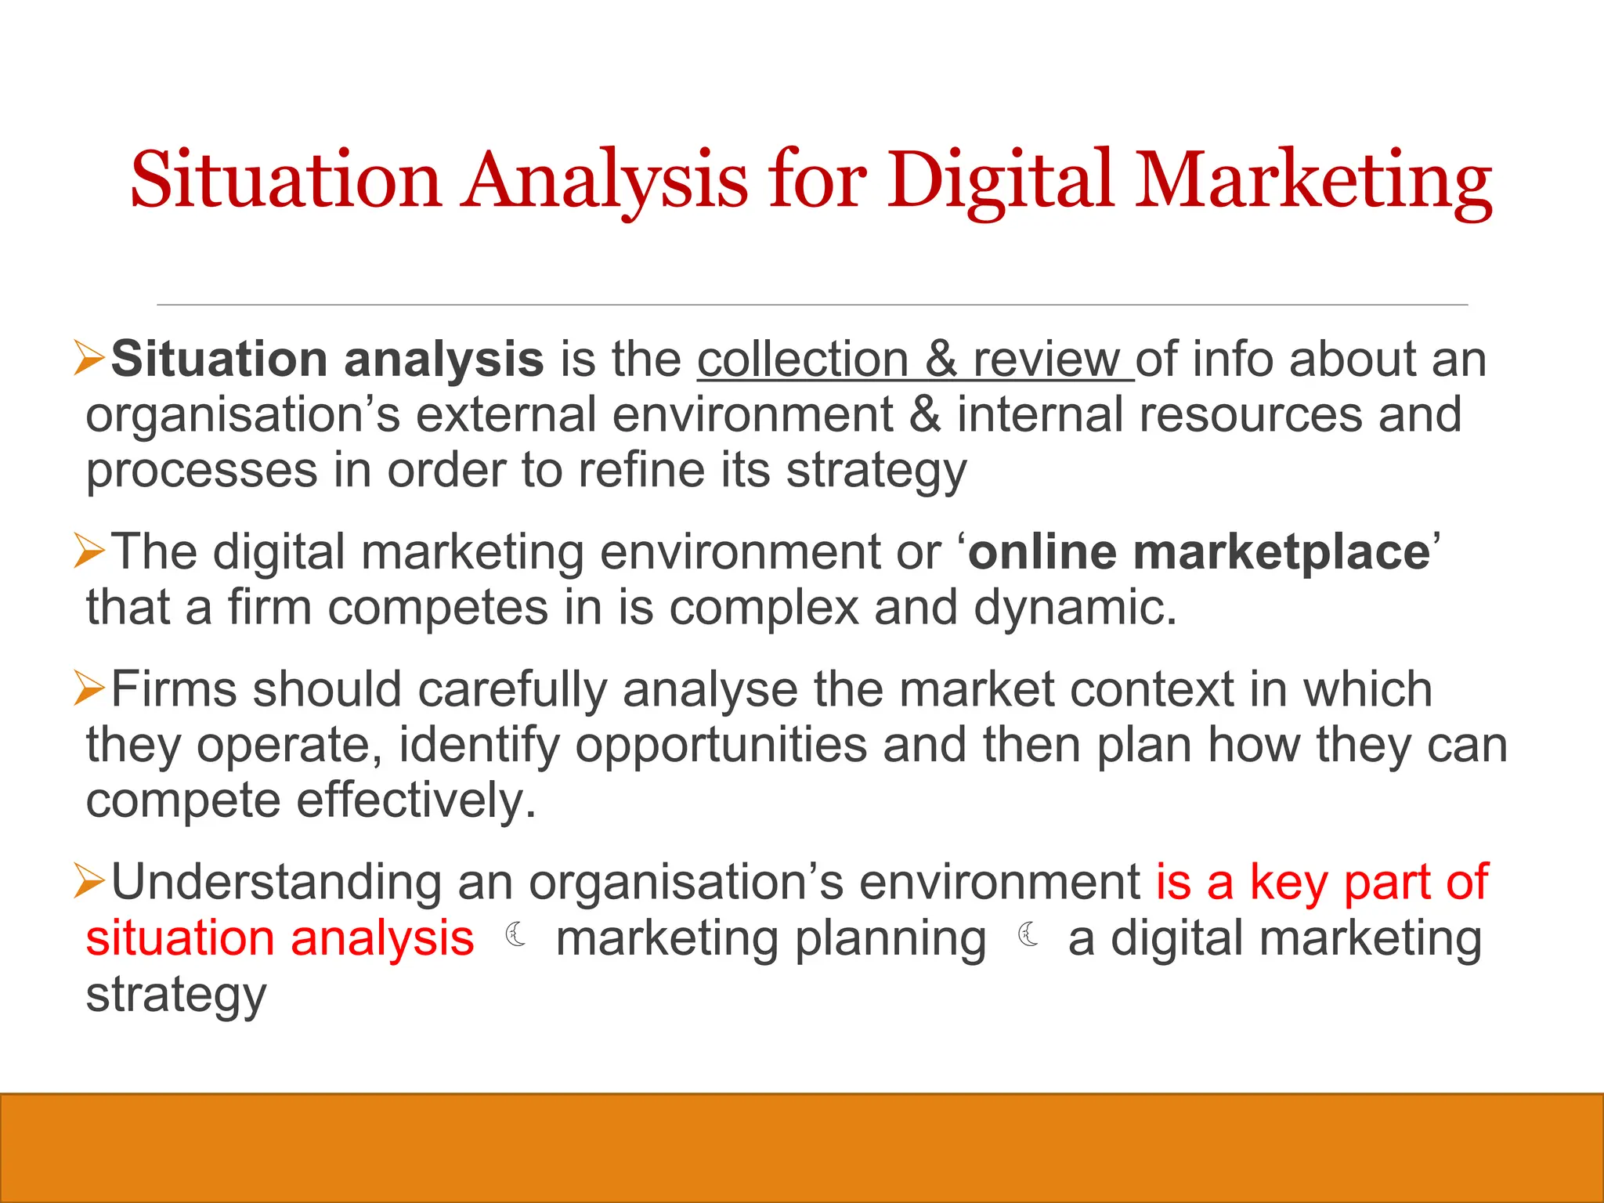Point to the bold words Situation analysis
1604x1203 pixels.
(327, 359)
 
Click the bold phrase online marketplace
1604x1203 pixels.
(1199, 552)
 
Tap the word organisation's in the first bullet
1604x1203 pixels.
(243, 414)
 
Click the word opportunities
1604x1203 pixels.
(721, 744)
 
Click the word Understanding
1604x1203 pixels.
(276, 882)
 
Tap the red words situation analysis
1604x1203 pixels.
(280, 938)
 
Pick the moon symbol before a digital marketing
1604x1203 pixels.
(1028, 934)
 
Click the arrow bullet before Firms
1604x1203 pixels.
(89, 687)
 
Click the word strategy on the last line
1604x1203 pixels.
(176, 995)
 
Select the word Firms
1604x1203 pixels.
(174, 689)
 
